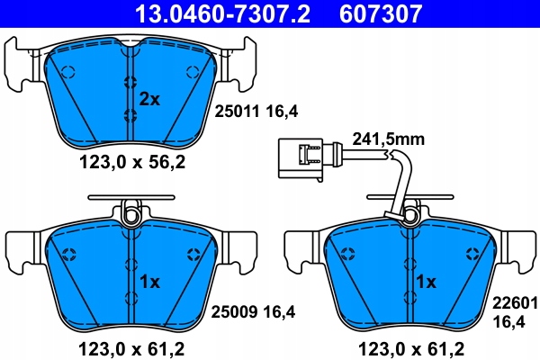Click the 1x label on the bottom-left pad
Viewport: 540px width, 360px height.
point(148,282)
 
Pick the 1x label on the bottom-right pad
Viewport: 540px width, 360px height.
point(426,282)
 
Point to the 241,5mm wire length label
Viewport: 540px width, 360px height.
point(390,139)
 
